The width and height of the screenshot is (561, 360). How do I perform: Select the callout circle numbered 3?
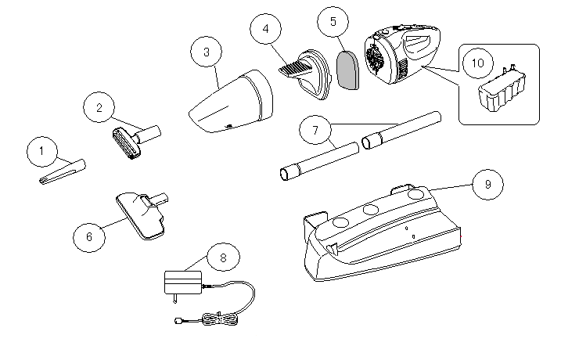[206, 52]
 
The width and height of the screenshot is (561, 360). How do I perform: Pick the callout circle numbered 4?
[266, 29]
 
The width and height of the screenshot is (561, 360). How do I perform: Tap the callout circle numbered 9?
[487, 184]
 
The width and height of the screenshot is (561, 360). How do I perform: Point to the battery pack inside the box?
[503, 92]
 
